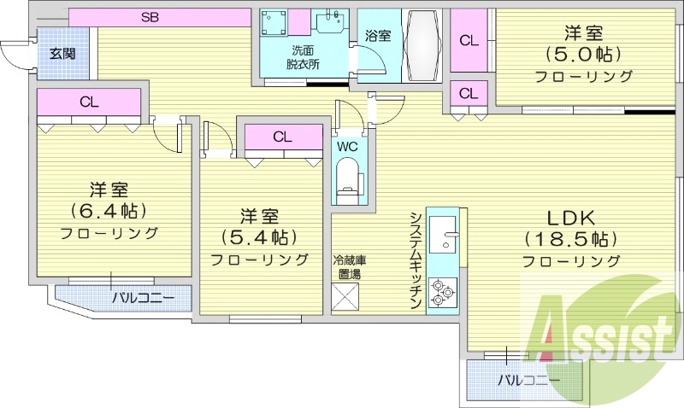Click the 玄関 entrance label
62,53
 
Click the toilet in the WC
348,182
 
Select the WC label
347,146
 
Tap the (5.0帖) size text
584,55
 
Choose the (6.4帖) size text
109,210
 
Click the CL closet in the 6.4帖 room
89,102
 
